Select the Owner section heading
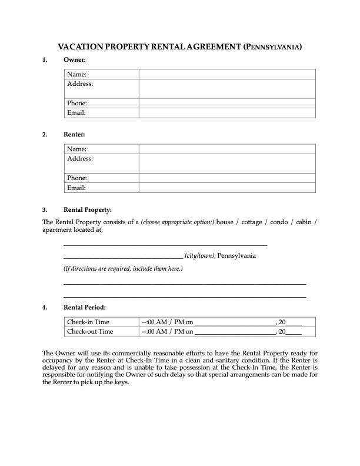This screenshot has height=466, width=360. (x=75, y=60)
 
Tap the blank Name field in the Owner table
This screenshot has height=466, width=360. (x=227, y=74)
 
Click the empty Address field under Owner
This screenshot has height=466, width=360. (x=227, y=88)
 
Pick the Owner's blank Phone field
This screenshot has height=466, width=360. (x=227, y=103)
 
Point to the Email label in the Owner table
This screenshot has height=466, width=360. (x=76, y=112)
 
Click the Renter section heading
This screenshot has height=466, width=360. (x=75, y=135)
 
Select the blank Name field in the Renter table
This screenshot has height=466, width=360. (x=227, y=149)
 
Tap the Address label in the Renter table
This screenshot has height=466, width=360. (x=80, y=159)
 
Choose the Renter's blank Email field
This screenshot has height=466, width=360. (x=227, y=188)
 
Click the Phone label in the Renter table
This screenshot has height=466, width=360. (x=77, y=178)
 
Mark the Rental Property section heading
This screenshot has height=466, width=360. (x=87, y=209)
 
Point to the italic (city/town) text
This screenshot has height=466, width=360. (x=199, y=256)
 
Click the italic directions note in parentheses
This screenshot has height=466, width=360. (x=123, y=269)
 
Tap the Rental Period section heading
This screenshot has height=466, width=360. (x=84, y=307)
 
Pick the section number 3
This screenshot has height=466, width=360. (x=45, y=209)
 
